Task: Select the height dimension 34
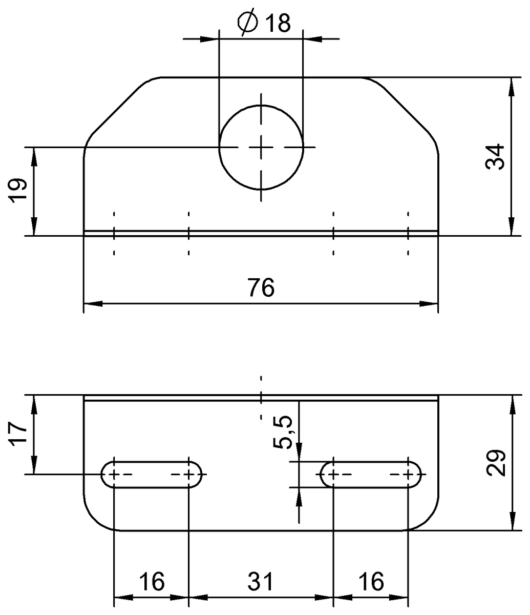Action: click(496, 157)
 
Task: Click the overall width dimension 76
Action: click(261, 288)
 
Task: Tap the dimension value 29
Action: click(496, 463)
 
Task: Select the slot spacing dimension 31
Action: click(261, 582)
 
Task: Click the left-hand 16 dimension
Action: click(151, 582)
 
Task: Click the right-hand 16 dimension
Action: click(370, 582)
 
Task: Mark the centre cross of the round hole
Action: click(261, 148)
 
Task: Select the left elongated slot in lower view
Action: click(151, 475)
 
